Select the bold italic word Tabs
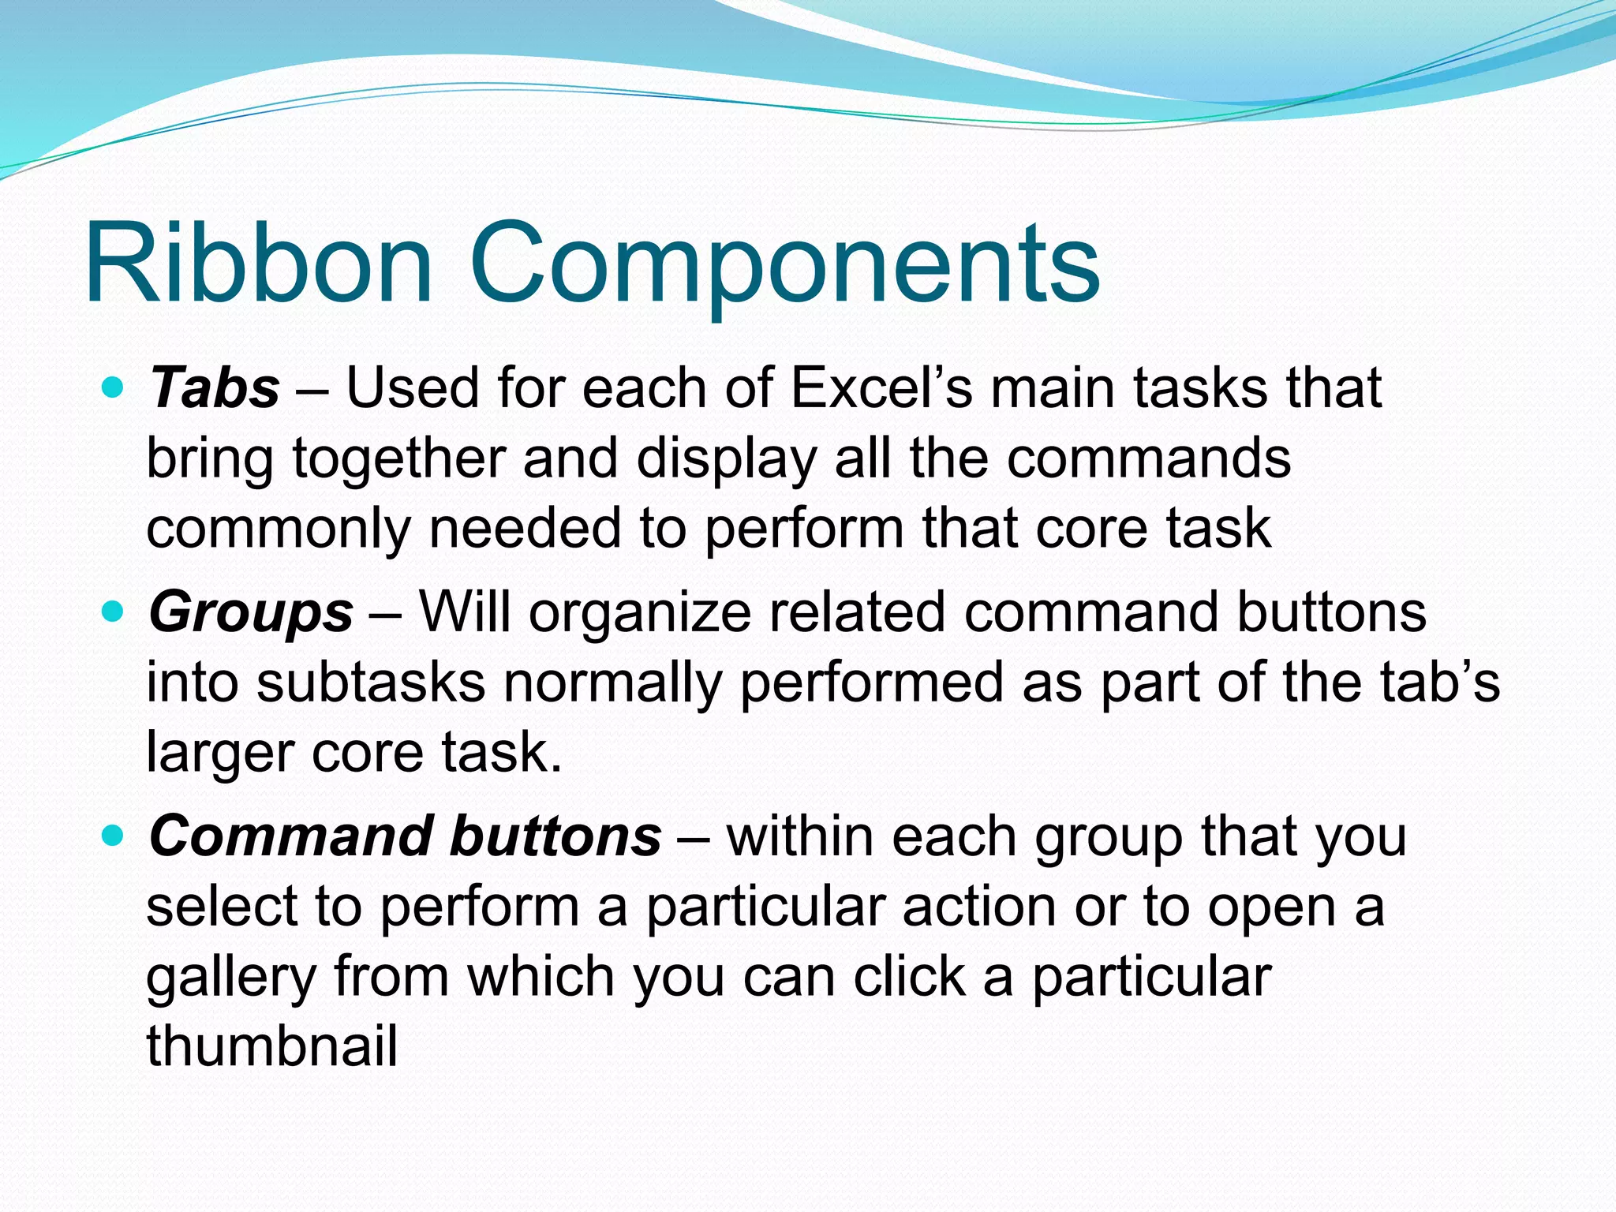point(214,388)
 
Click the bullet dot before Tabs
point(114,387)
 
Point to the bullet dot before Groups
point(114,611)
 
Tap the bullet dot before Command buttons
point(114,835)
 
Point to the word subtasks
point(371,683)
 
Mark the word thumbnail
point(271,1046)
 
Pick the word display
point(726,460)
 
